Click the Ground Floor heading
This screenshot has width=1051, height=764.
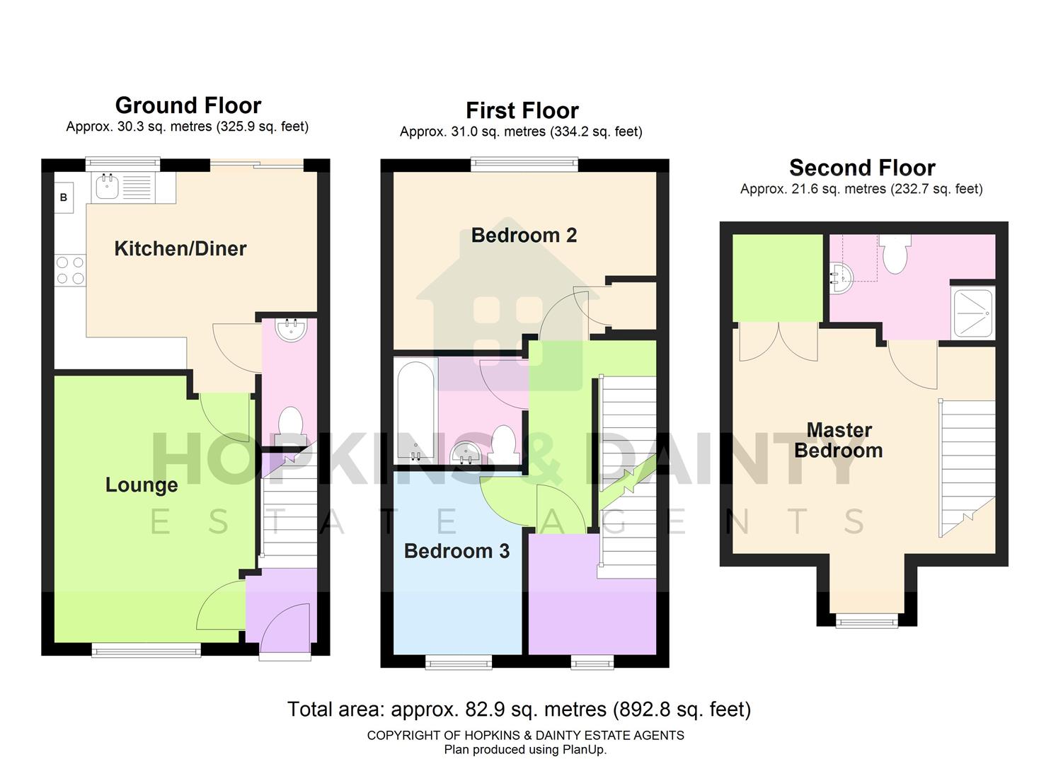(188, 105)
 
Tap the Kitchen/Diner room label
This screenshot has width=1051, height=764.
(180, 248)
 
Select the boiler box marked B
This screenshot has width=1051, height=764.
(64, 197)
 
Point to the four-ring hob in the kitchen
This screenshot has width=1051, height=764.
(70, 270)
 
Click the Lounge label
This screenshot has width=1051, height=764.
(142, 485)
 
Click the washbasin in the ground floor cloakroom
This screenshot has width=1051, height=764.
(290, 330)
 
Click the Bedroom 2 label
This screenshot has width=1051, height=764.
(524, 235)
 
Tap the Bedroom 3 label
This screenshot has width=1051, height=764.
(456, 551)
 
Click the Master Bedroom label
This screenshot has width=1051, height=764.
(839, 440)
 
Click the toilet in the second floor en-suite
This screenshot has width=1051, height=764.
(895, 255)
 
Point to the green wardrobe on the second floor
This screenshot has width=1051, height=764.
(777, 278)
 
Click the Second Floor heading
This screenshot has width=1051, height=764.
(862, 168)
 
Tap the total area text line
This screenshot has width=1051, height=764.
(519, 709)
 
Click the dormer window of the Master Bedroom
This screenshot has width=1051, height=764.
(866, 621)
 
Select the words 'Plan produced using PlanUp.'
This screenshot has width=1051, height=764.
(525, 750)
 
